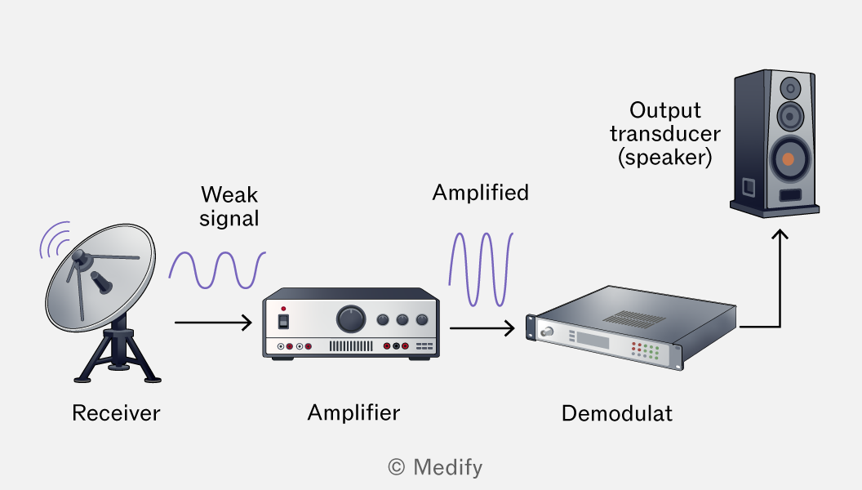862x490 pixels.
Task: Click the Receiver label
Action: click(116, 413)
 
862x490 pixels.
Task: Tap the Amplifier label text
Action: click(353, 412)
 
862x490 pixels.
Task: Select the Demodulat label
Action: click(617, 413)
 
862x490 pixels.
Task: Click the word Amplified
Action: click(481, 193)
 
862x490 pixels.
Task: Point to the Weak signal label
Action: click(229, 207)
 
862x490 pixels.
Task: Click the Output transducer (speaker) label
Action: click(665, 134)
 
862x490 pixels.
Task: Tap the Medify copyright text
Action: click(435, 467)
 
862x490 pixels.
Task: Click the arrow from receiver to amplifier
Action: click(213, 323)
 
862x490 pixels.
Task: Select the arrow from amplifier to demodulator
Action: click(482, 328)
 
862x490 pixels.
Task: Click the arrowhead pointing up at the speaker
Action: click(780, 234)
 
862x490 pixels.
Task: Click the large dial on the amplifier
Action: click(351, 319)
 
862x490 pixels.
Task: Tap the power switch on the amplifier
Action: click(283, 321)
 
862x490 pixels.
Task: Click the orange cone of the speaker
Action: click(788, 159)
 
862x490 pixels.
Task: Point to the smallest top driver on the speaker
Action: click(790, 88)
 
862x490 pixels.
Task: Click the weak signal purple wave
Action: click(217, 270)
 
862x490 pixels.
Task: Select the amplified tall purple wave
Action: click(481, 269)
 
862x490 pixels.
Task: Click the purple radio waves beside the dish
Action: click(54, 240)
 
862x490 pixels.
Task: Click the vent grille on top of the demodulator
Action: click(634, 318)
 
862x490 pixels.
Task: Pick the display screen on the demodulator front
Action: click(592, 341)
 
